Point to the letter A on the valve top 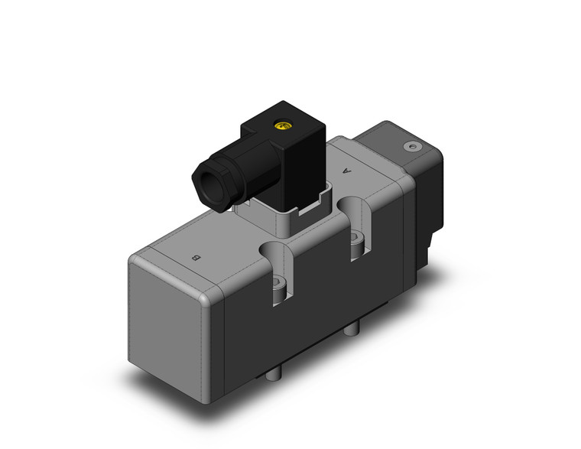(x=349, y=171)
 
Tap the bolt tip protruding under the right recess (x=352, y=329)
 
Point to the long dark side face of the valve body (x=321, y=321)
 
